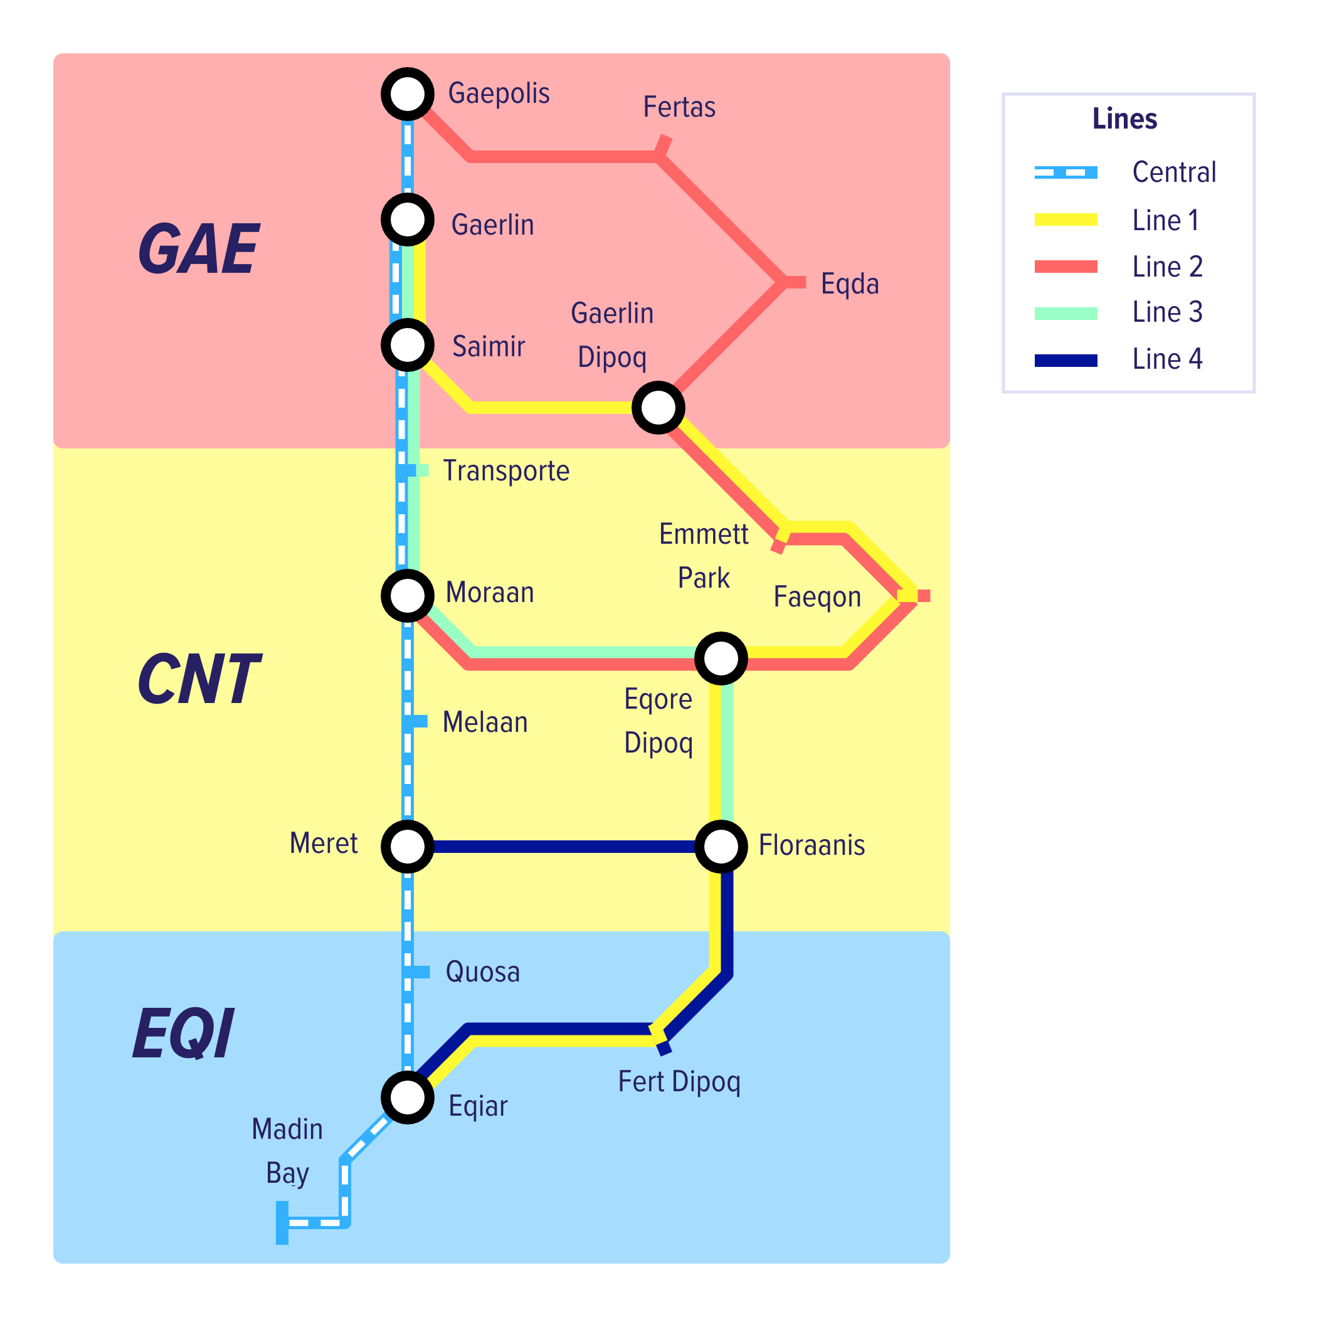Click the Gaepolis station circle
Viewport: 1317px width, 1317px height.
click(408, 94)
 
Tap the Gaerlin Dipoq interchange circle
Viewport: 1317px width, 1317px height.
click(658, 408)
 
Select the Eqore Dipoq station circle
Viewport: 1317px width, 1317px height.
click(721, 658)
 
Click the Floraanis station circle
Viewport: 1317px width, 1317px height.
click(721, 847)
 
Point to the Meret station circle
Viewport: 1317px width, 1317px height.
click(408, 847)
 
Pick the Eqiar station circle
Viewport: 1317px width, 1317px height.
click(408, 1097)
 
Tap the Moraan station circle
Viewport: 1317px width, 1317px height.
click(408, 596)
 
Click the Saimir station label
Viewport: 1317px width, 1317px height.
click(488, 346)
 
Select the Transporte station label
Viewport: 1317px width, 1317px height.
click(506, 471)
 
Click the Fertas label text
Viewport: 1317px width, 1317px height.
click(679, 107)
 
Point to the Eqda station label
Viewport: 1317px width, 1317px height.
click(849, 283)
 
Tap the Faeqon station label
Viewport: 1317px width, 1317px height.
click(817, 597)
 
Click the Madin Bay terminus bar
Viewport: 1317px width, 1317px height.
click(282, 1223)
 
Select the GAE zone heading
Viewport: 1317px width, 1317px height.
click(198, 250)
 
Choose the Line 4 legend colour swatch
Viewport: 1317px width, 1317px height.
click(1066, 361)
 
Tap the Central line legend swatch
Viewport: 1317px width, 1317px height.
click(1066, 172)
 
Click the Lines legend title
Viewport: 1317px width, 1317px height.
click(1124, 119)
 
